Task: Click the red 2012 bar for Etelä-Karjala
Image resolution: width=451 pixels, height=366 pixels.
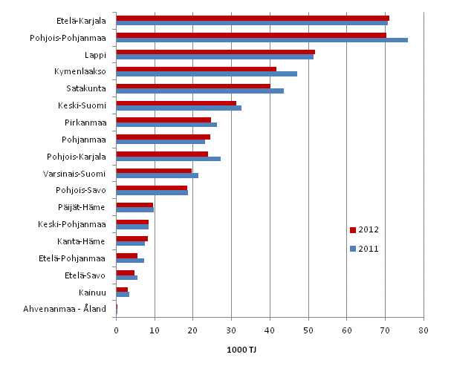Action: [253, 18]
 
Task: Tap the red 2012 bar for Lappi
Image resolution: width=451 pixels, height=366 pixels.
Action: [215, 52]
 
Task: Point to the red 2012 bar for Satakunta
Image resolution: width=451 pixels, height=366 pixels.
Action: [193, 85]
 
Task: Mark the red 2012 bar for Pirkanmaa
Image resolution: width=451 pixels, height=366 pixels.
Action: [163, 120]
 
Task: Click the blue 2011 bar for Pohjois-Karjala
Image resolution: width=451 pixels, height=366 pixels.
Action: [168, 159]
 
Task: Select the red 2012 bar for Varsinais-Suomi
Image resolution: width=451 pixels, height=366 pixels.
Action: [154, 170]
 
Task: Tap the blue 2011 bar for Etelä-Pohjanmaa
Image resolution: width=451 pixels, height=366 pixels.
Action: [130, 261]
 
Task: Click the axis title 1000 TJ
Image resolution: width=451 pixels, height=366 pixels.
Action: [270, 350]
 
